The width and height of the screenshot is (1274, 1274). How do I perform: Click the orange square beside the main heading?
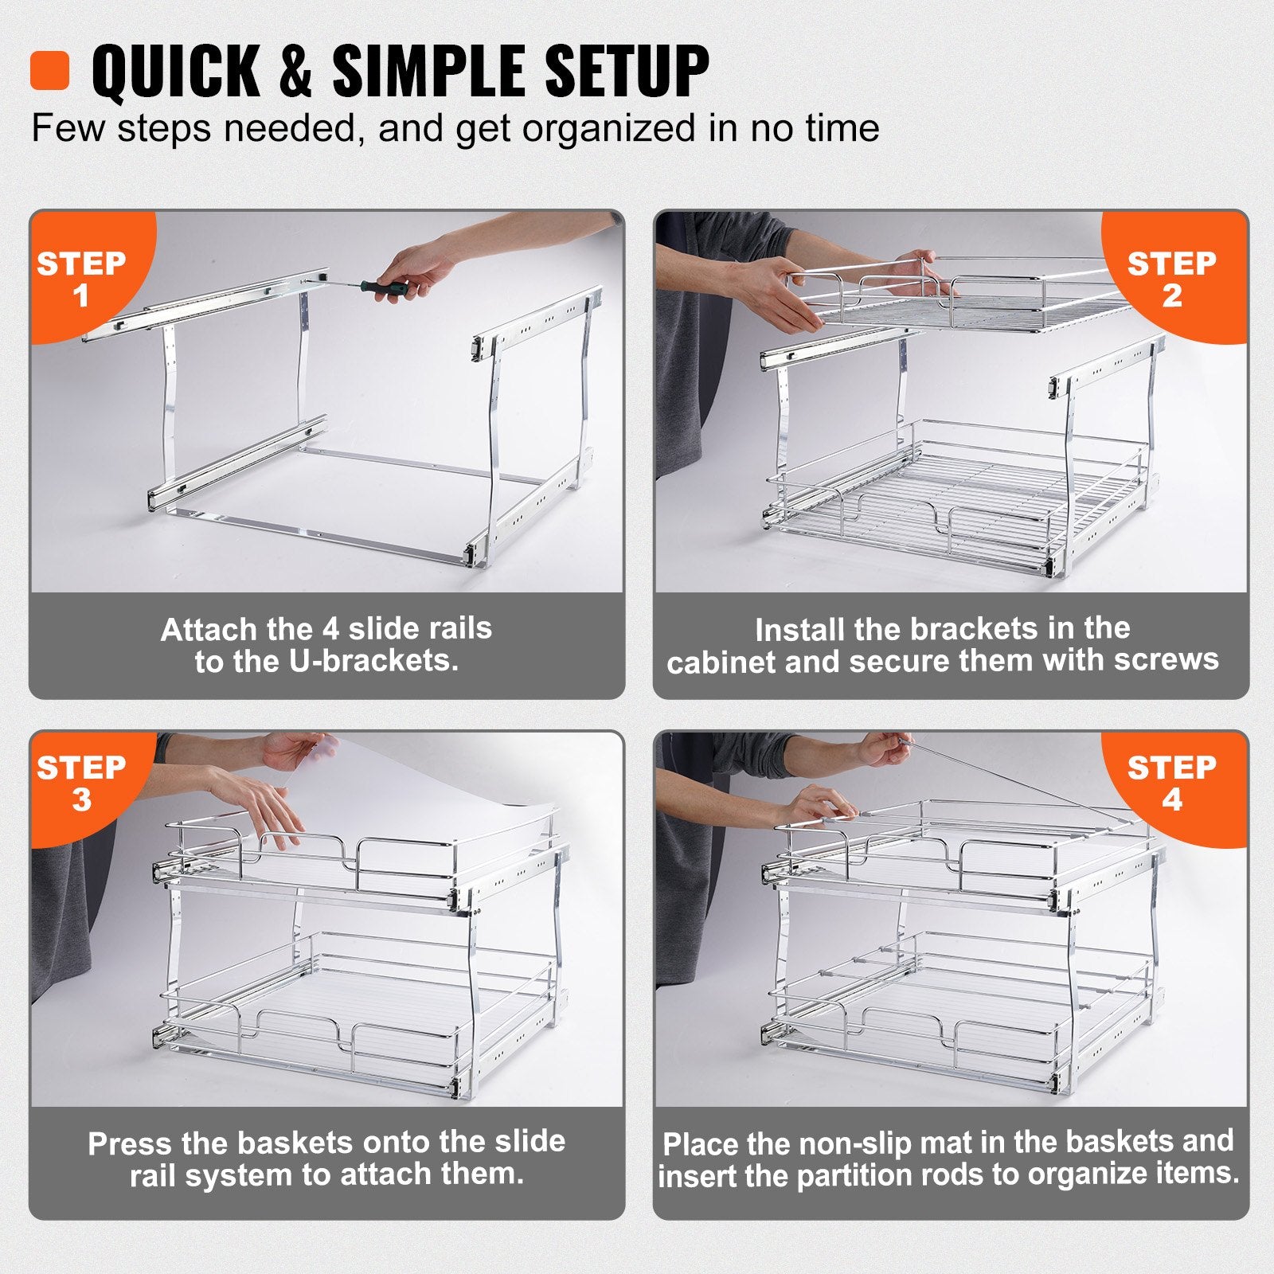[x=49, y=71]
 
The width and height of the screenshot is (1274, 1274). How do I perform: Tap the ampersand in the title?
[x=295, y=72]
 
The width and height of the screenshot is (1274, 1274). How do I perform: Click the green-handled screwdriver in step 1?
[x=383, y=287]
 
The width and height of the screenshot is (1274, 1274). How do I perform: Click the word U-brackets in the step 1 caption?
[x=373, y=661]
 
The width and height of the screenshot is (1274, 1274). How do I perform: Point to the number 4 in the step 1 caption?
[x=330, y=629]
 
